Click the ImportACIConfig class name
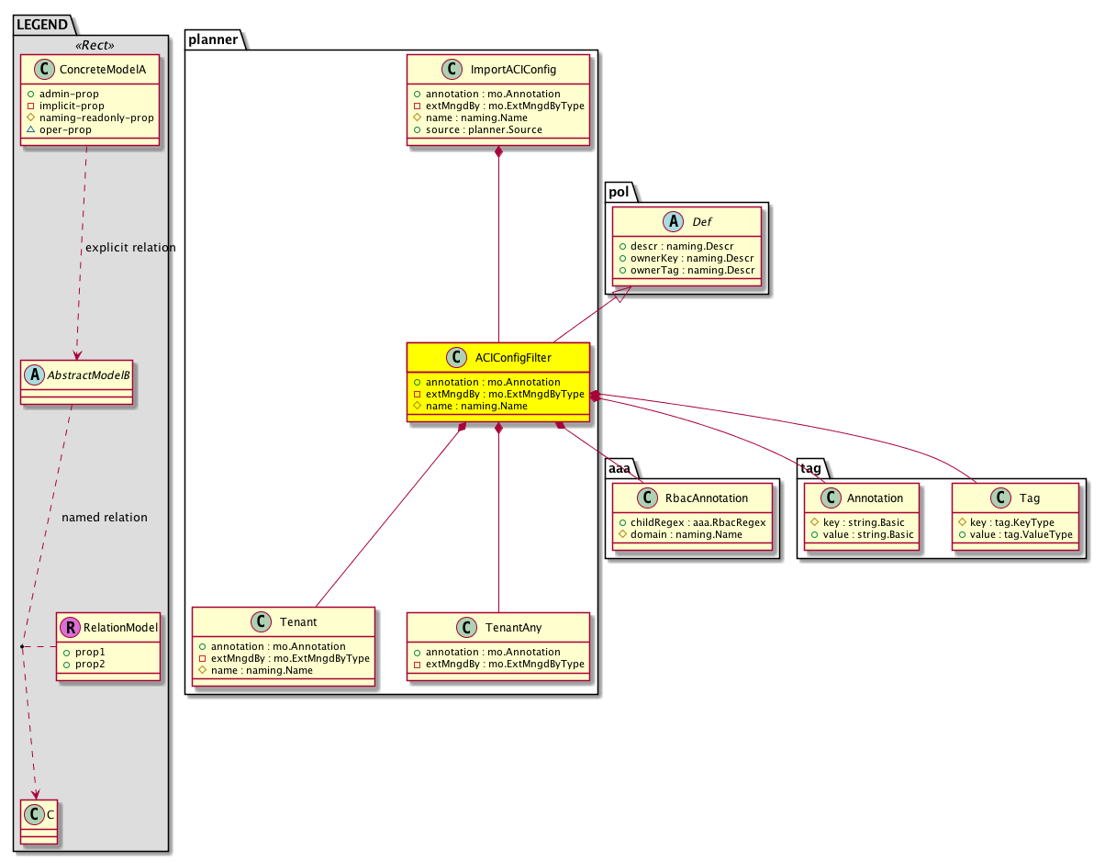pos(513,69)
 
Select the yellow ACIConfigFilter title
pos(513,357)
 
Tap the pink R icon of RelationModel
pos(70,627)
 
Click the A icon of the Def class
pos(673,221)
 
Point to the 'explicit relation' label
pos(130,247)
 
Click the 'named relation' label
pos(105,517)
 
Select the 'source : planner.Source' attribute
pos(484,129)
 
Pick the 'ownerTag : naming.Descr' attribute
pos(692,270)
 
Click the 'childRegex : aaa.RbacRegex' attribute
pos(698,522)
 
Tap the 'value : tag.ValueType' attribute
pos(1021,534)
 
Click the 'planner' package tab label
pos(213,39)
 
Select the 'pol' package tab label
pos(619,192)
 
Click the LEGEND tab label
pos(41,25)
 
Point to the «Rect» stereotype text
pos(95,45)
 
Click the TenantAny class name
pos(513,627)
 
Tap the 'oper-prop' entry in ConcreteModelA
pos(65,129)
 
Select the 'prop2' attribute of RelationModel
pos(90,664)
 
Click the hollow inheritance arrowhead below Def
pos(622,294)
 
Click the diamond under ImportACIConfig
pos(498,151)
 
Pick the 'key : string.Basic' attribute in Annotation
pos(864,522)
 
